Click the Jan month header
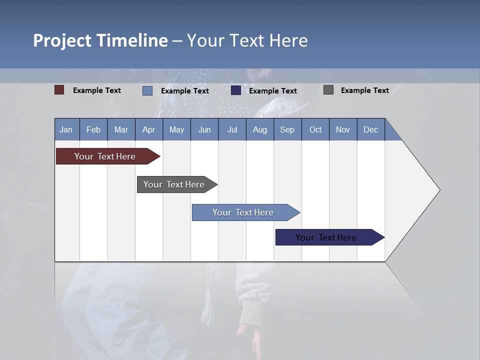[x=66, y=129]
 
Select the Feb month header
[x=93, y=129]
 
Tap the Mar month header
[x=121, y=129]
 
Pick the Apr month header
[x=149, y=129]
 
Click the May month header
[x=176, y=129]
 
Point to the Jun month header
[x=204, y=129]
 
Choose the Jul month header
[x=232, y=129]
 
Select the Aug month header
[x=260, y=129]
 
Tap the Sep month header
[x=287, y=129]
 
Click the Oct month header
[x=315, y=129]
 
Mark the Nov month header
[x=343, y=129]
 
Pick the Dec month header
[x=371, y=129]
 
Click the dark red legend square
[x=59, y=90]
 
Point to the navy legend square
[x=236, y=90]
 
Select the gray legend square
[x=328, y=90]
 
